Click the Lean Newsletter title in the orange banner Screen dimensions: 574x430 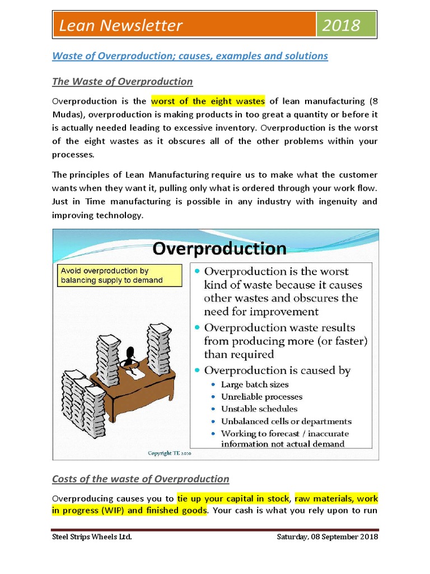coord(121,26)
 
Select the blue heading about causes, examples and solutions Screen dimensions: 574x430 coord(190,56)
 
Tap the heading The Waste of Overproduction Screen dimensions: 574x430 coord(122,82)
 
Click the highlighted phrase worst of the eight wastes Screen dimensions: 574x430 coord(208,101)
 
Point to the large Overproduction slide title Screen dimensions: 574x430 coord(219,248)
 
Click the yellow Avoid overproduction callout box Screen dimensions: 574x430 coord(119,275)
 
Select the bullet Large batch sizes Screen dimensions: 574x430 coord(255,385)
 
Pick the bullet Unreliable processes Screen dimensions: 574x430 coord(261,397)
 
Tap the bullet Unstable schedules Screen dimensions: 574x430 coord(259,409)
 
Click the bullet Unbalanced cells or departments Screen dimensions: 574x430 coord(286,421)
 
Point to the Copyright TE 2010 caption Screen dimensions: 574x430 coord(169,453)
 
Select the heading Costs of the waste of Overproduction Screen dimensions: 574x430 coord(141,479)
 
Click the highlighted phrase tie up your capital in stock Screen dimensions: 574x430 coord(233,498)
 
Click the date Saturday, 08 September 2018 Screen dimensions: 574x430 coord(328,537)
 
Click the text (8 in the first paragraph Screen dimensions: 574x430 coord(373,101)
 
